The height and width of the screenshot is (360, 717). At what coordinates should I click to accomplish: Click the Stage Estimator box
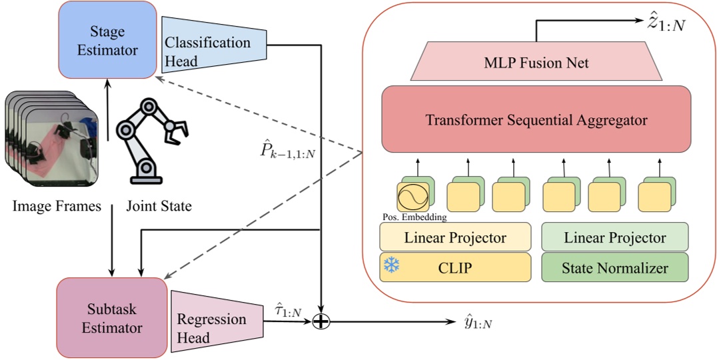107,41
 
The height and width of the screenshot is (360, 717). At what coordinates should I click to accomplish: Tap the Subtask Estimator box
112,318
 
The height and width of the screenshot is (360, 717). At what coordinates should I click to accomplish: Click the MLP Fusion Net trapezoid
536,64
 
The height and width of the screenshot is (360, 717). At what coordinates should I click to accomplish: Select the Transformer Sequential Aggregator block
536,120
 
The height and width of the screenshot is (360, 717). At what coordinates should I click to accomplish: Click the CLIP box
455,267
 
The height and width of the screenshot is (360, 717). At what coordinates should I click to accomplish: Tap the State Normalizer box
614,267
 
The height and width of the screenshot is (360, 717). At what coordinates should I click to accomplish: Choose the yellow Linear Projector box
455,238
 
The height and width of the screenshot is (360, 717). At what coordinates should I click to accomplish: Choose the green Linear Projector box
614,238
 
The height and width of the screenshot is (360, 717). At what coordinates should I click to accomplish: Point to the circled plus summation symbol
321,322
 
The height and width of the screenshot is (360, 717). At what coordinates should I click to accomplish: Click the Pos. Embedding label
415,217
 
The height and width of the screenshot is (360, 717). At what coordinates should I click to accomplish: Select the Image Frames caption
57,207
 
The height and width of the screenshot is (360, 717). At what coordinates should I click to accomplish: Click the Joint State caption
159,207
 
